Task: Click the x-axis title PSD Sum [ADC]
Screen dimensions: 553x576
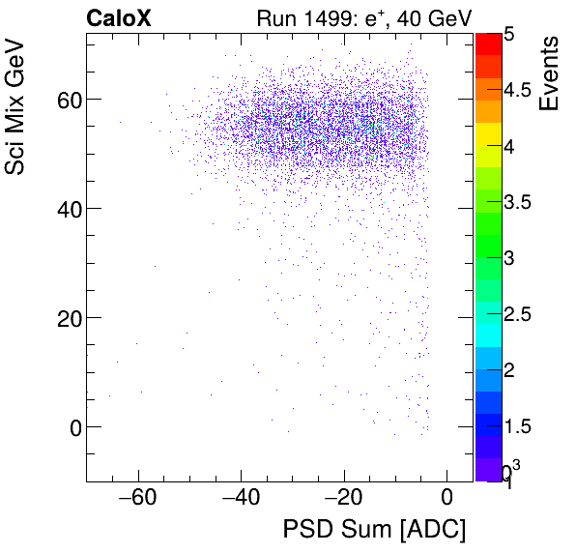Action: click(373, 530)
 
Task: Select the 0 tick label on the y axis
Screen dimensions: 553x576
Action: click(71, 426)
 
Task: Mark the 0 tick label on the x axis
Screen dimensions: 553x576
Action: click(446, 499)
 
